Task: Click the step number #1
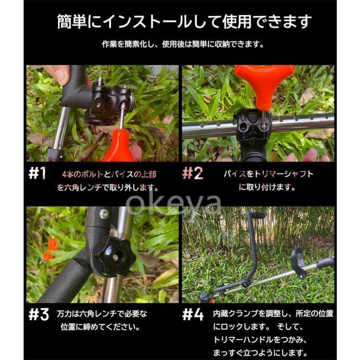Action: tap(37, 173)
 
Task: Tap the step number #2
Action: tap(193, 173)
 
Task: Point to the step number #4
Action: tap(193, 314)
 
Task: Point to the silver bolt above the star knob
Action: tap(104, 214)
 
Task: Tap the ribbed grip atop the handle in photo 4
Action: tap(259, 216)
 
